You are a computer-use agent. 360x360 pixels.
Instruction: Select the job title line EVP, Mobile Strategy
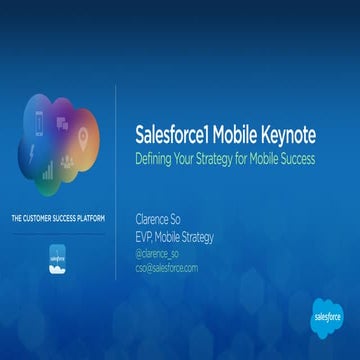(x=176, y=237)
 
